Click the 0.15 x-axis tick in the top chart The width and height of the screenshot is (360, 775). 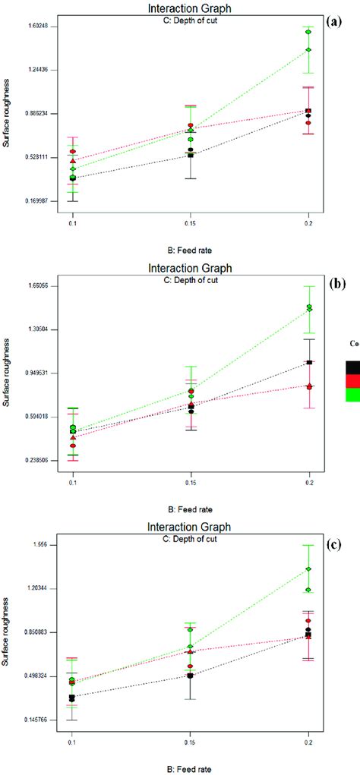191,224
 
